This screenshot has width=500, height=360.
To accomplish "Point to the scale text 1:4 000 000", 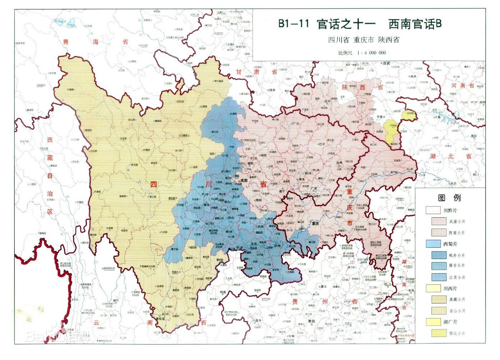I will pyautogui.click(x=371, y=53).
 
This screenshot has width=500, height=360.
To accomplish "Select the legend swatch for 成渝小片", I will pyautogui.click(x=438, y=221).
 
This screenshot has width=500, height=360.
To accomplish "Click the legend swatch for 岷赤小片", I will pyautogui.click(x=438, y=255).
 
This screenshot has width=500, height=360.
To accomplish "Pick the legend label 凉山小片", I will pyautogui.click(x=457, y=311).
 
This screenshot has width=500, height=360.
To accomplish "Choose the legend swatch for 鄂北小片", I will pyautogui.click(x=438, y=333).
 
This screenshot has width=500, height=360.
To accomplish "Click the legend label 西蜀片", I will pyautogui.click(x=450, y=244).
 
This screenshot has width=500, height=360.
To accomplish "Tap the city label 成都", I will pyautogui.click(x=244, y=181).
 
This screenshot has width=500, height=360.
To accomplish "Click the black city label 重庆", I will pyautogui.click(x=315, y=224).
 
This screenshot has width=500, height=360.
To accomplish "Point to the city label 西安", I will pyautogui.click(x=386, y=63).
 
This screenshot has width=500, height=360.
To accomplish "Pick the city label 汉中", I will pyautogui.click(x=327, y=102).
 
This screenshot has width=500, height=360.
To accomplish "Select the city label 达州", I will pyautogui.click(x=339, y=163).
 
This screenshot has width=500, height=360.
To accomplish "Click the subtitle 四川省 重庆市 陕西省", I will pyautogui.click(x=363, y=40).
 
